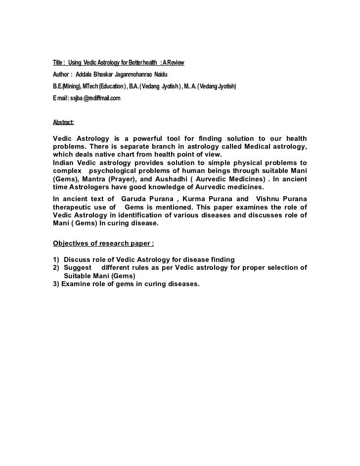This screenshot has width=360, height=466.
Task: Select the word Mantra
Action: click(92, 180)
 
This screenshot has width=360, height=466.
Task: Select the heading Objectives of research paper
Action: click(103, 243)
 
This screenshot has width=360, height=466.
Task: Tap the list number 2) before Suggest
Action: click(56, 268)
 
